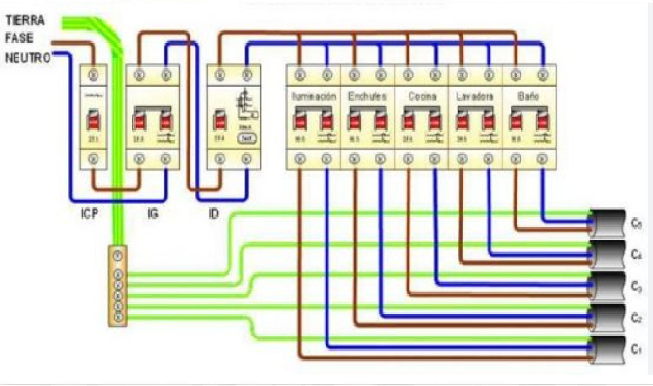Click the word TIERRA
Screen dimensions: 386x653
point(25,20)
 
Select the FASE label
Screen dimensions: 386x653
point(19,38)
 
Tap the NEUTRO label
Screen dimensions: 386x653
point(27,58)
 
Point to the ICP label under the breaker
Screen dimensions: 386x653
point(89,213)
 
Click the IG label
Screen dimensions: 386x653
point(153,213)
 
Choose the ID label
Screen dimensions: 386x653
point(213,213)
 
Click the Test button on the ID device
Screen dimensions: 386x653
point(247,138)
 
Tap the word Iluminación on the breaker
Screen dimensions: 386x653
point(313,96)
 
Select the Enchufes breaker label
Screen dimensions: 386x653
point(367,96)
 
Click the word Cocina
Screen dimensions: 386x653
point(422,96)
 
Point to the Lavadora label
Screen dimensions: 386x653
point(475,96)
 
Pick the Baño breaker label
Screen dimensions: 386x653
point(529,96)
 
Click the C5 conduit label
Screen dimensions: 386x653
point(636,223)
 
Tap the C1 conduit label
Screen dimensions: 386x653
point(636,349)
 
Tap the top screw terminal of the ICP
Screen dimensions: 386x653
point(93,75)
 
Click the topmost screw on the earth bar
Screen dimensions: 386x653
point(118,256)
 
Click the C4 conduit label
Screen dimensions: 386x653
point(636,255)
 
